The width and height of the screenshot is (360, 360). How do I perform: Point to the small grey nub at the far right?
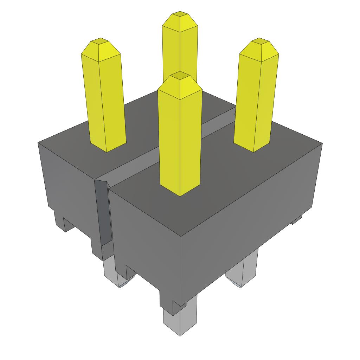[297, 220]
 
